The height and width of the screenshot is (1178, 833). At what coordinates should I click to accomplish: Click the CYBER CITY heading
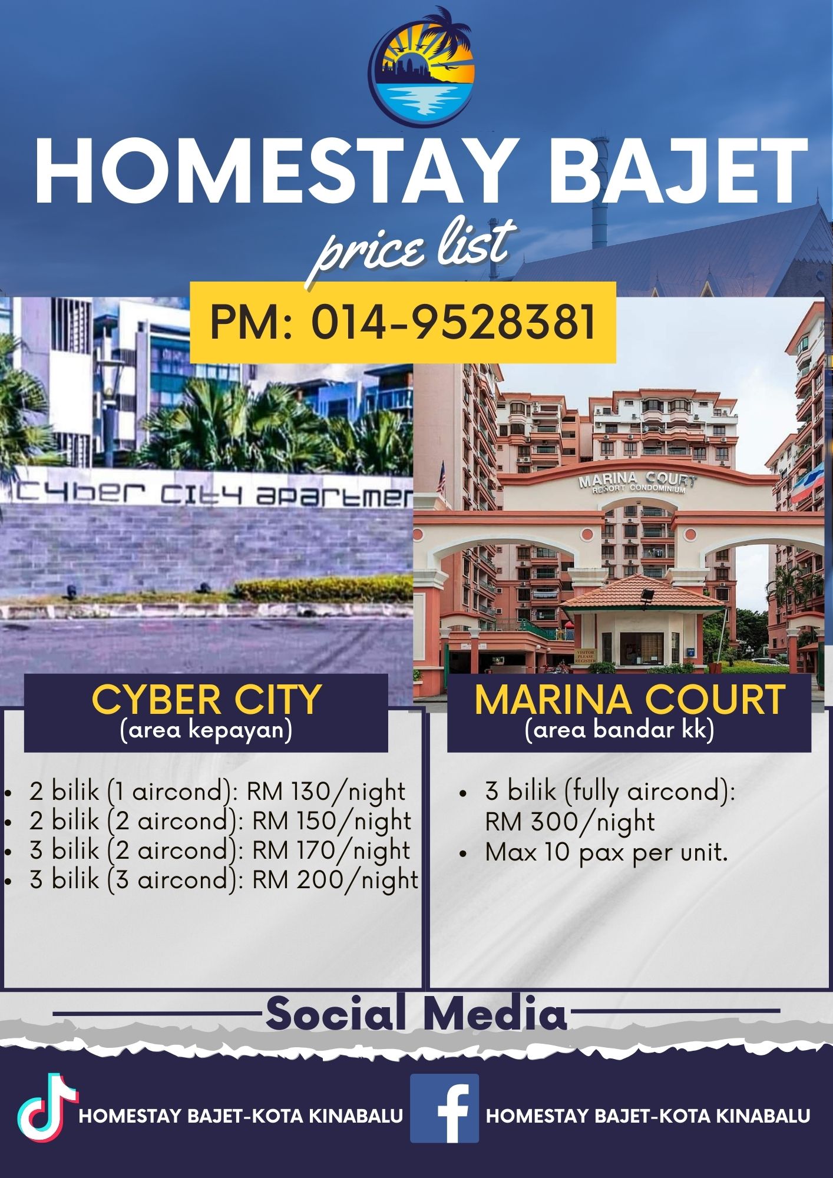(x=206, y=700)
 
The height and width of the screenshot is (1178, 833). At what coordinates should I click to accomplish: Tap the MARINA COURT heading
(x=629, y=700)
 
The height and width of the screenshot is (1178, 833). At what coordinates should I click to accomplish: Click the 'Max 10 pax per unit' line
(x=606, y=852)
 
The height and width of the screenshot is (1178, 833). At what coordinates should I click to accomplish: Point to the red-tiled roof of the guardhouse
(x=642, y=593)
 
